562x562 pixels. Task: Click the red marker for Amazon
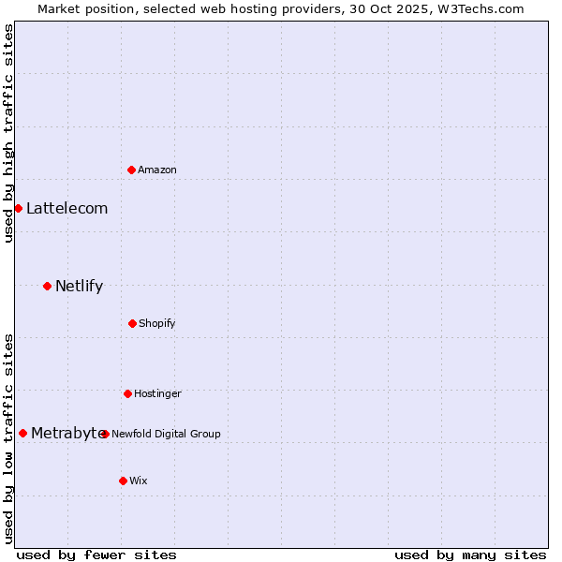[132, 170]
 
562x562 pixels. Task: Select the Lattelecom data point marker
[18, 208]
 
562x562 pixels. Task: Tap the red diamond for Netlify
[47, 286]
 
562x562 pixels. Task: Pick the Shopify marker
[132, 323]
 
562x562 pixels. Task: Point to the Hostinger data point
[127, 393]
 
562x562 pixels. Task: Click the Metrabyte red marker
[22, 433]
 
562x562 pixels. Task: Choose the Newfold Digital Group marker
[105, 434]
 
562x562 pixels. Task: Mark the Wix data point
[123, 481]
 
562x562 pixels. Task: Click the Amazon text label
[157, 170]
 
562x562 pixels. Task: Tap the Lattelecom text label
[67, 208]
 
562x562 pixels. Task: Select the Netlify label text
[79, 286]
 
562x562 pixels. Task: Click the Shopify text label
[157, 323]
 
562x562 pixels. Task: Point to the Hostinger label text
[157, 393]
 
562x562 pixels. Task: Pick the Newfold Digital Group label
[166, 434]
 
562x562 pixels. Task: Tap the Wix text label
[139, 481]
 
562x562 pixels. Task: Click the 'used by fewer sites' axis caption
[96, 555]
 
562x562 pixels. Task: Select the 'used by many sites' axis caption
[470, 555]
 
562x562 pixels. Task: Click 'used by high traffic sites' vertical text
[8, 133]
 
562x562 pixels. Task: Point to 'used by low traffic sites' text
[8, 437]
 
